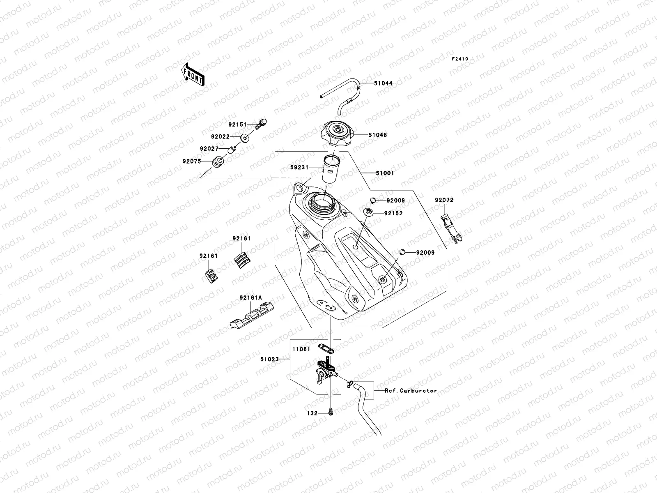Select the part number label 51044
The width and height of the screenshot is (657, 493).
[x=383, y=83]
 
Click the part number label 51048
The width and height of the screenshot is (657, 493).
[x=377, y=135]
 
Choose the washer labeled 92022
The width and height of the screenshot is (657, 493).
[x=245, y=138]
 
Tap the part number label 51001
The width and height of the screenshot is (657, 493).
[x=385, y=173]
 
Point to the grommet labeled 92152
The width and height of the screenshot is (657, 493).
[x=368, y=212]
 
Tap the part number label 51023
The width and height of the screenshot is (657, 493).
[x=269, y=359]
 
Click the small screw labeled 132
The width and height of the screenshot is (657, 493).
[x=331, y=411]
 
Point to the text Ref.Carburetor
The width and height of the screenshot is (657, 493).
[x=411, y=391]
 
